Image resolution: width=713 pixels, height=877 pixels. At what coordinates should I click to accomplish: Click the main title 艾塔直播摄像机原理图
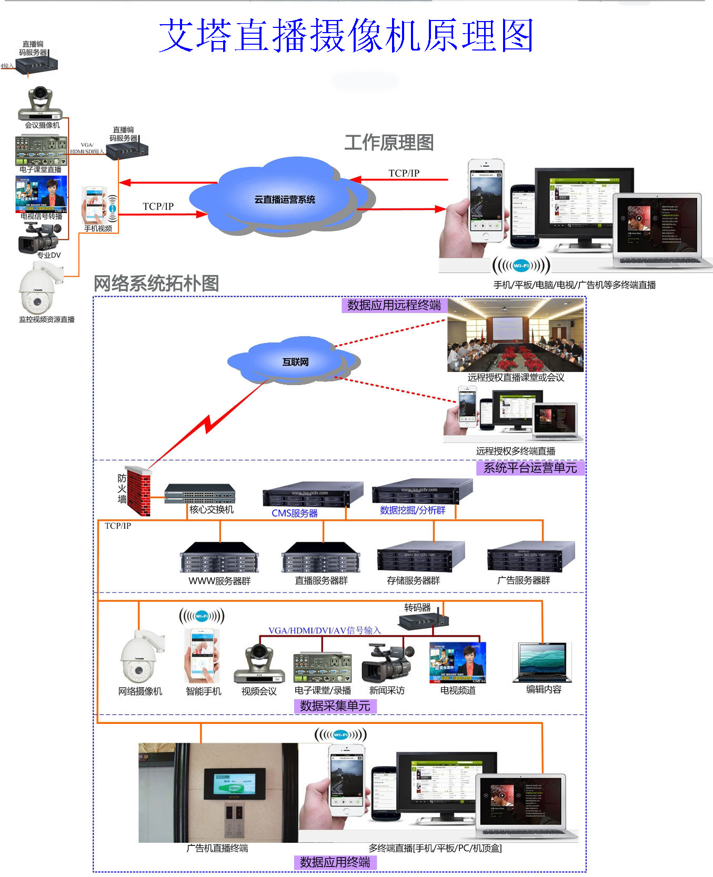346,36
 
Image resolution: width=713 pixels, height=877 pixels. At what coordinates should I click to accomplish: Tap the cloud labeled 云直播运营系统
284,199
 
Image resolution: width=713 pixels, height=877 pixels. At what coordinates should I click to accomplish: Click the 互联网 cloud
295,362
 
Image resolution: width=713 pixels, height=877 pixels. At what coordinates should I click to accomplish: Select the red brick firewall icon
138,490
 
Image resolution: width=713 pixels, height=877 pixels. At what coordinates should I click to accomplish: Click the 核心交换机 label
212,509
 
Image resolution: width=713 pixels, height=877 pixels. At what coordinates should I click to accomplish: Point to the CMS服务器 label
294,513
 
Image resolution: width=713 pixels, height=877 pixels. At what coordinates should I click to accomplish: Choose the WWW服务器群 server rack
219,558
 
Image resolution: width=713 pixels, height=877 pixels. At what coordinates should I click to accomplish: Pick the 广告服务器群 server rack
530,557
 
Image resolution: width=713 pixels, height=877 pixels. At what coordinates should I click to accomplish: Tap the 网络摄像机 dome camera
140,658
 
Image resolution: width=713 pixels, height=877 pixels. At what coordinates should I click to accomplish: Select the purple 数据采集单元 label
335,706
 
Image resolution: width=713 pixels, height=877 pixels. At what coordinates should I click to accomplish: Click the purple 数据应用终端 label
335,862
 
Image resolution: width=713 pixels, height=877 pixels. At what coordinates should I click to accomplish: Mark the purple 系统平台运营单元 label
530,468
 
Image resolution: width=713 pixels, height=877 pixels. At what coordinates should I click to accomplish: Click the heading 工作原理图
389,143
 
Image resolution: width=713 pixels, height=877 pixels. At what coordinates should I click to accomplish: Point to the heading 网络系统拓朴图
156,284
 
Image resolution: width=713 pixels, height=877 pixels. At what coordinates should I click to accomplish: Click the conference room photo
515,335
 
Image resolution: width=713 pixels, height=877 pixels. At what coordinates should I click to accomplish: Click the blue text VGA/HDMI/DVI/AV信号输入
324,630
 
